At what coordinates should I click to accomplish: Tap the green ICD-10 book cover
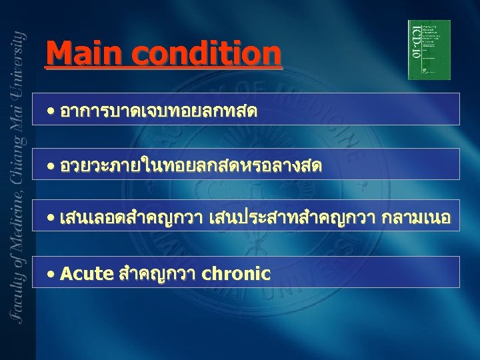coord(429,49)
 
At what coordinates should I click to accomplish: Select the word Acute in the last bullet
coord(86,273)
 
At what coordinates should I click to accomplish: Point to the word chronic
coord(236,273)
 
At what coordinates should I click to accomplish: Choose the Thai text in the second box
coord(190,165)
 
